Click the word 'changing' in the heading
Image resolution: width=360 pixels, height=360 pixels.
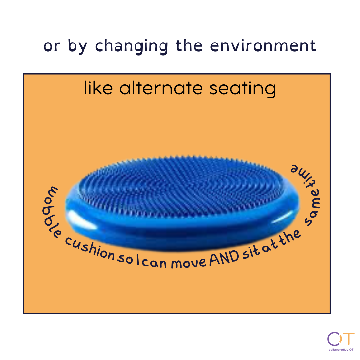132,47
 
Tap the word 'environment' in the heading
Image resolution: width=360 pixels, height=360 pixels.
263,46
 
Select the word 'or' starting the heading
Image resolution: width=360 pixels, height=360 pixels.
52,47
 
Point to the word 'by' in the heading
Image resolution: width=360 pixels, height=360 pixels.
77,47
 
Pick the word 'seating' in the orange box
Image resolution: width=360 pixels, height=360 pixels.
243,89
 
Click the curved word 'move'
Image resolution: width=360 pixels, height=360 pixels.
188,263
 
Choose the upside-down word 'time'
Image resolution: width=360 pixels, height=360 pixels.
302,175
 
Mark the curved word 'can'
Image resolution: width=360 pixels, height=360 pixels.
154,263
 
